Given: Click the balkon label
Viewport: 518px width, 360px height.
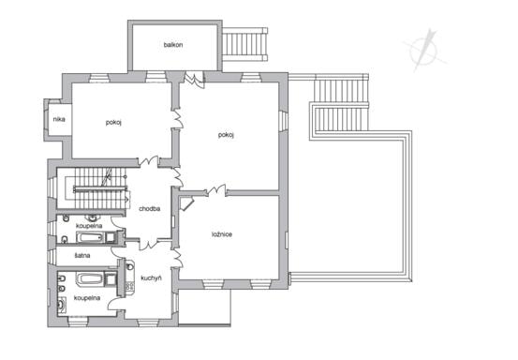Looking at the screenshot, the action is pos(173,45).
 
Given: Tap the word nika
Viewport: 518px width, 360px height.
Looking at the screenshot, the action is pos(59,119).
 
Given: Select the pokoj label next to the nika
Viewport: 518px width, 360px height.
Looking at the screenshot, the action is pos(113,122).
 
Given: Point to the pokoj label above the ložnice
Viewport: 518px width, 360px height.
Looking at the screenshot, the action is pos(226,135).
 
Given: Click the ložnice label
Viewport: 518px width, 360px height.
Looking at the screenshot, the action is pos(222,234).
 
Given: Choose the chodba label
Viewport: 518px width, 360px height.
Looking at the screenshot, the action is pos(149,209).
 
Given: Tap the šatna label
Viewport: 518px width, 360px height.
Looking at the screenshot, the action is pos(82,256).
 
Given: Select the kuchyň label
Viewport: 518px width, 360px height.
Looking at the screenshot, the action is pos(151,278).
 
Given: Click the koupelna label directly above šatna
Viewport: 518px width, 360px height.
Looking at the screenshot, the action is pos(89,226).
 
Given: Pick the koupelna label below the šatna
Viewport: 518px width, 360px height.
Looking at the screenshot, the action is pos(87,298).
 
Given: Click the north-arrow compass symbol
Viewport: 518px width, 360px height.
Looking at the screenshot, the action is pos(425,51).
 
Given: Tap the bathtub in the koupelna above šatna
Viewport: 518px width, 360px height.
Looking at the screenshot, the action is pos(91,237).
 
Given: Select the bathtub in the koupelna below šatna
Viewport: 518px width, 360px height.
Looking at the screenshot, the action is pos(90,279).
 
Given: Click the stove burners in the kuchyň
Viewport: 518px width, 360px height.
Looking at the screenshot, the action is pos(129,288).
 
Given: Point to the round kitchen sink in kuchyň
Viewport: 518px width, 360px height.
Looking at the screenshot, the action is pos(130,266).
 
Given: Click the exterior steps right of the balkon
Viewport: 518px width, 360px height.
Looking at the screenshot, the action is pos(244,45).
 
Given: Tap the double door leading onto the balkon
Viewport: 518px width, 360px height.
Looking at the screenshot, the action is pos(194,80).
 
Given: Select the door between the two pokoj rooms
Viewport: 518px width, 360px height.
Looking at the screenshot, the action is pos(178,118).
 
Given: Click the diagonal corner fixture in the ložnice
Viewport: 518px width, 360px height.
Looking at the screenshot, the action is pos(186,203).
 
